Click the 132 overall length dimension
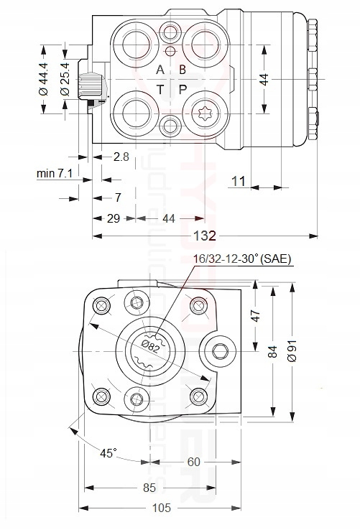coord(206,236)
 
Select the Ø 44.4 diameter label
coord(43,79)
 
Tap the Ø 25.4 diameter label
coord(65,79)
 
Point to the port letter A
coord(161,70)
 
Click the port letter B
coord(183,70)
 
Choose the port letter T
coord(161,88)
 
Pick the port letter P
coord(183,88)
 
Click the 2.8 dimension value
coord(120,157)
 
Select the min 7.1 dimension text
coord(58,175)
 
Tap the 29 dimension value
coord(112,219)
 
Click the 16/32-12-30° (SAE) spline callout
coord(242,259)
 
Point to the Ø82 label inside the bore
coord(150,345)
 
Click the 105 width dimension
coord(162,508)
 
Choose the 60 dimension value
coord(194,462)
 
